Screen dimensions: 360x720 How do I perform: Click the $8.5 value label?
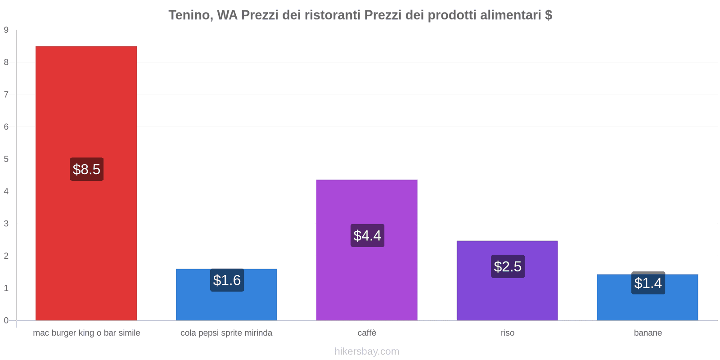[x=86, y=169]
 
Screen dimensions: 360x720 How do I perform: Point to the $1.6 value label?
[x=227, y=280]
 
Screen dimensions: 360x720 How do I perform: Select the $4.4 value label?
[x=367, y=235]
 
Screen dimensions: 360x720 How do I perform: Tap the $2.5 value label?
[x=508, y=266]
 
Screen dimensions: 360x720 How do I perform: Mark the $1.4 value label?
[x=648, y=283]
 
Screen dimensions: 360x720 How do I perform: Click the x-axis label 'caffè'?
[x=367, y=333]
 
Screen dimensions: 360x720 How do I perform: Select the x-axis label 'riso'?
[x=508, y=333]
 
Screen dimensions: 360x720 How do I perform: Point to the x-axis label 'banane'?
[x=648, y=333]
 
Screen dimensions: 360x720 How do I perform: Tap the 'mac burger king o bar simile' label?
[x=86, y=333]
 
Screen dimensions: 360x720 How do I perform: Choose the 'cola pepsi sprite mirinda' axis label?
[x=226, y=333]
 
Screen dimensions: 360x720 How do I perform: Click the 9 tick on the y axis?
[x=6, y=30]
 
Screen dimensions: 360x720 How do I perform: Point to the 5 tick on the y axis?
[x=6, y=159]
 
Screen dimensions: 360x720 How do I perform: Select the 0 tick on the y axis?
[x=6, y=320]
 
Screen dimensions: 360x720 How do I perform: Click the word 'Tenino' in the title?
[x=189, y=15]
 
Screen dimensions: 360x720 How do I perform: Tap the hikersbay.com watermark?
[x=367, y=351]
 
